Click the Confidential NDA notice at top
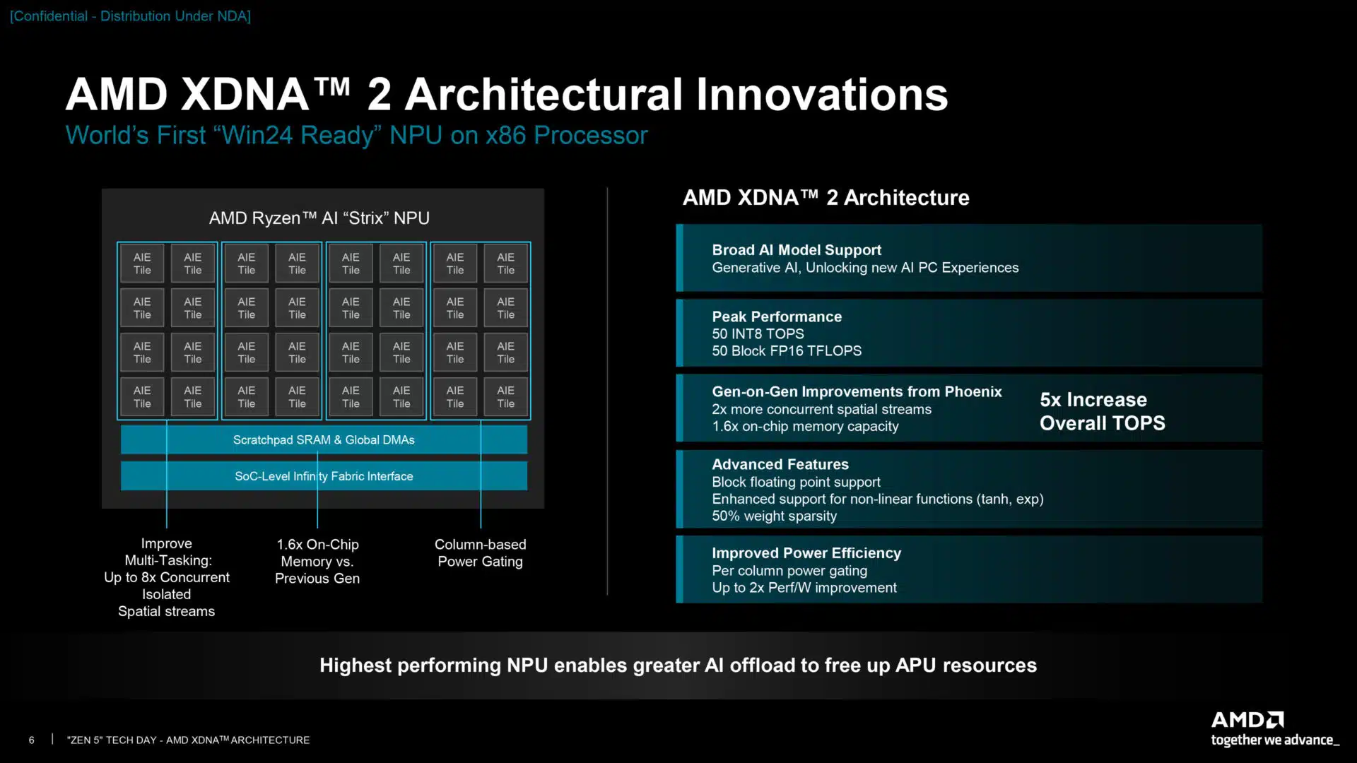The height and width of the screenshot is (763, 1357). pyautogui.click(x=130, y=16)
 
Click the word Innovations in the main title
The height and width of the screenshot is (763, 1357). pyautogui.click(x=821, y=95)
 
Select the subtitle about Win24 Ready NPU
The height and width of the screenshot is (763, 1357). pyautogui.click(x=356, y=135)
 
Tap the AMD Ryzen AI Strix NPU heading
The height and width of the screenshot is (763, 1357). pyautogui.click(x=319, y=218)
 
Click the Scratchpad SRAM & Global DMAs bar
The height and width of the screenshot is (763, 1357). pyautogui.click(x=324, y=439)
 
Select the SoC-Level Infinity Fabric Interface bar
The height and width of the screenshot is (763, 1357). pyautogui.click(x=324, y=476)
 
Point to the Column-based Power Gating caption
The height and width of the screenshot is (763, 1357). pyautogui.click(x=480, y=552)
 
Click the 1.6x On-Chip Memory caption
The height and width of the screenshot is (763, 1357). pyautogui.click(x=317, y=561)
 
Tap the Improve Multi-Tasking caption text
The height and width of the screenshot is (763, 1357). pyautogui.click(x=167, y=576)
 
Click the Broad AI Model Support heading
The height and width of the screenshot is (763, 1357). pyautogui.click(x=796, y=250)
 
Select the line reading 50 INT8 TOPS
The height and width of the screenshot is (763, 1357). pyautogui.click(x=758, y=333)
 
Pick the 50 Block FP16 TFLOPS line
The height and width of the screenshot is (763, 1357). pyautogui.click(x=786, y=351)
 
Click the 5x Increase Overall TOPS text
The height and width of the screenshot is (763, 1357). pyautogui.click(x=1101, y=411)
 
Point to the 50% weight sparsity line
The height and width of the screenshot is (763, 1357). pyautogui.click(x=774, y=516)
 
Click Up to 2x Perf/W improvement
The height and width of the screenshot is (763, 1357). pyautogui.click(x=804, y=588)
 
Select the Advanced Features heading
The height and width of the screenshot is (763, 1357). pyautogui.click(x=780, y=464)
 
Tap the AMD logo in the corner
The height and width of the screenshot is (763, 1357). pyautogui.click(x=1247, y=720)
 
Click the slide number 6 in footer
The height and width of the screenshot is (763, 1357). pyautogui.click(x=31, y=740)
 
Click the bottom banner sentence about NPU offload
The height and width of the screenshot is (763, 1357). pyautogui.click(x=678, y=665)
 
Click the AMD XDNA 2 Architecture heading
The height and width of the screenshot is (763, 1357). pyautogui.click(x=826, y=197)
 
